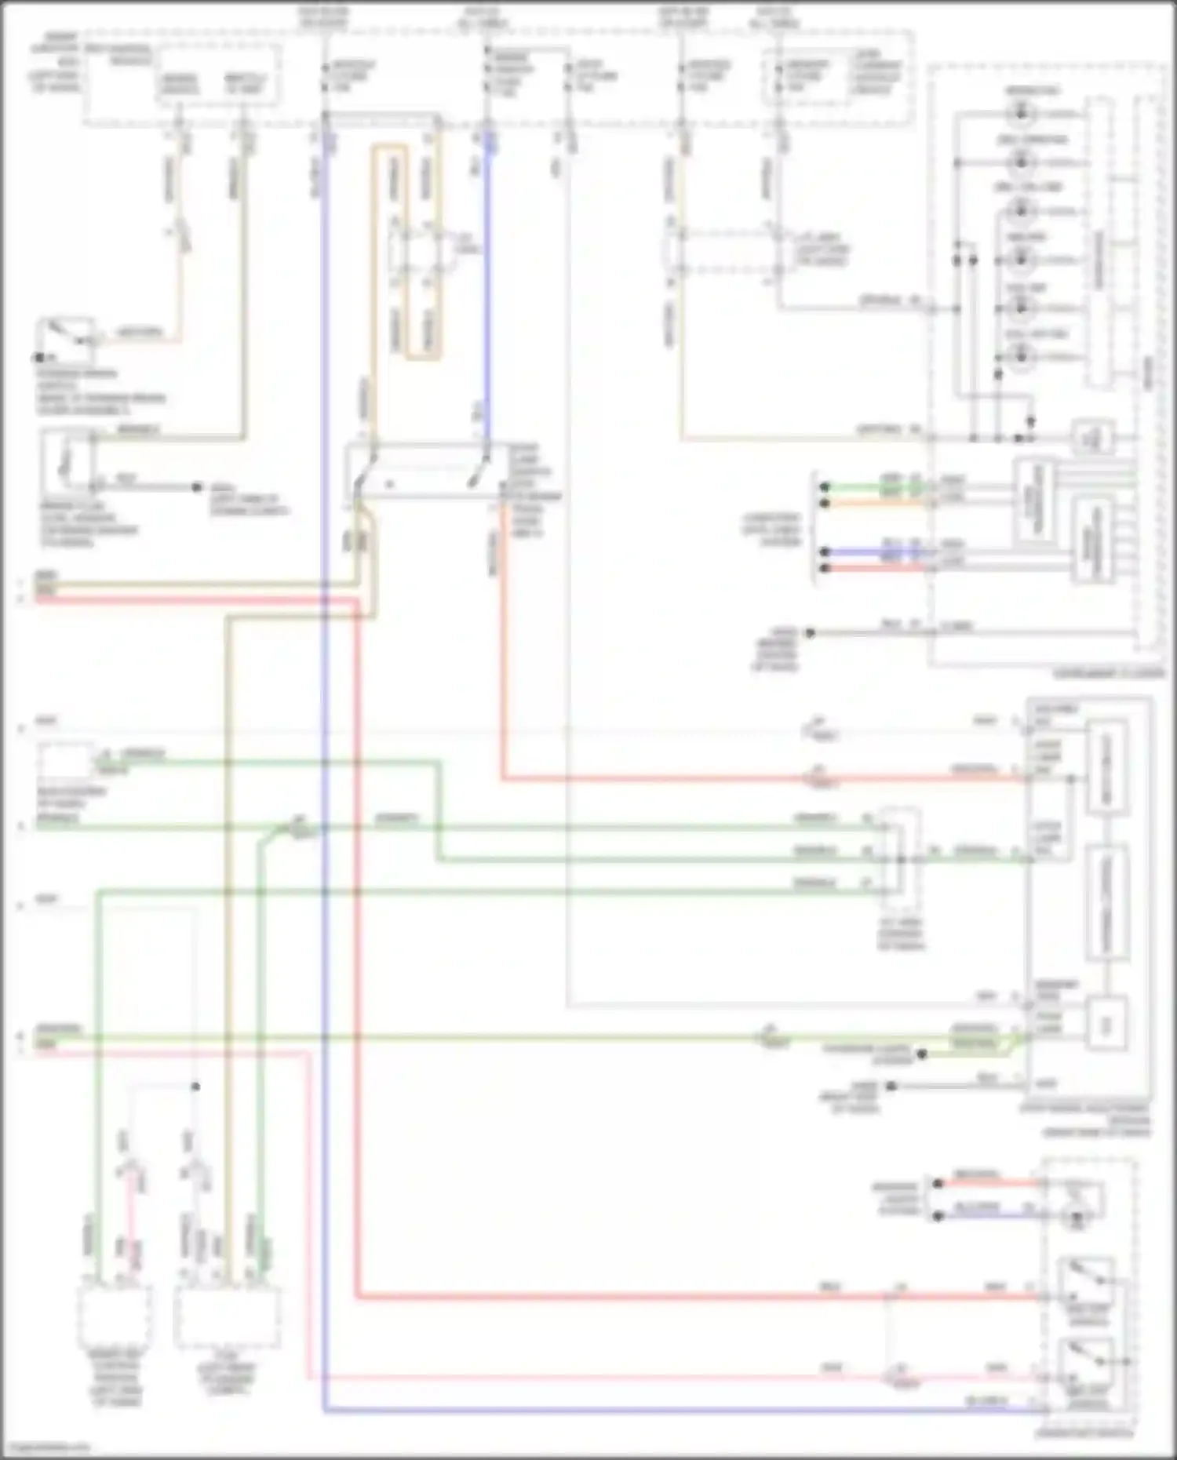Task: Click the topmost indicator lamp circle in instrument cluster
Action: [1020, 115]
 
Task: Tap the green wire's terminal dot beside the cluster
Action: [824, 486]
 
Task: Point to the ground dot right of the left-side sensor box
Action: [197, 487]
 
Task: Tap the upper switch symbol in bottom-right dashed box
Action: [1087, 1281]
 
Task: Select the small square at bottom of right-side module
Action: [1107, 1024]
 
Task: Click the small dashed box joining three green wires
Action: [899, 852]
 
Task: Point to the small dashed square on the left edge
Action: [66, 761]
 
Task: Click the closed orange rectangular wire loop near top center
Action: [406, 251]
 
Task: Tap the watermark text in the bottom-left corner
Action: [47, 1447]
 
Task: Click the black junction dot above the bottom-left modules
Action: [196, 1087]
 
